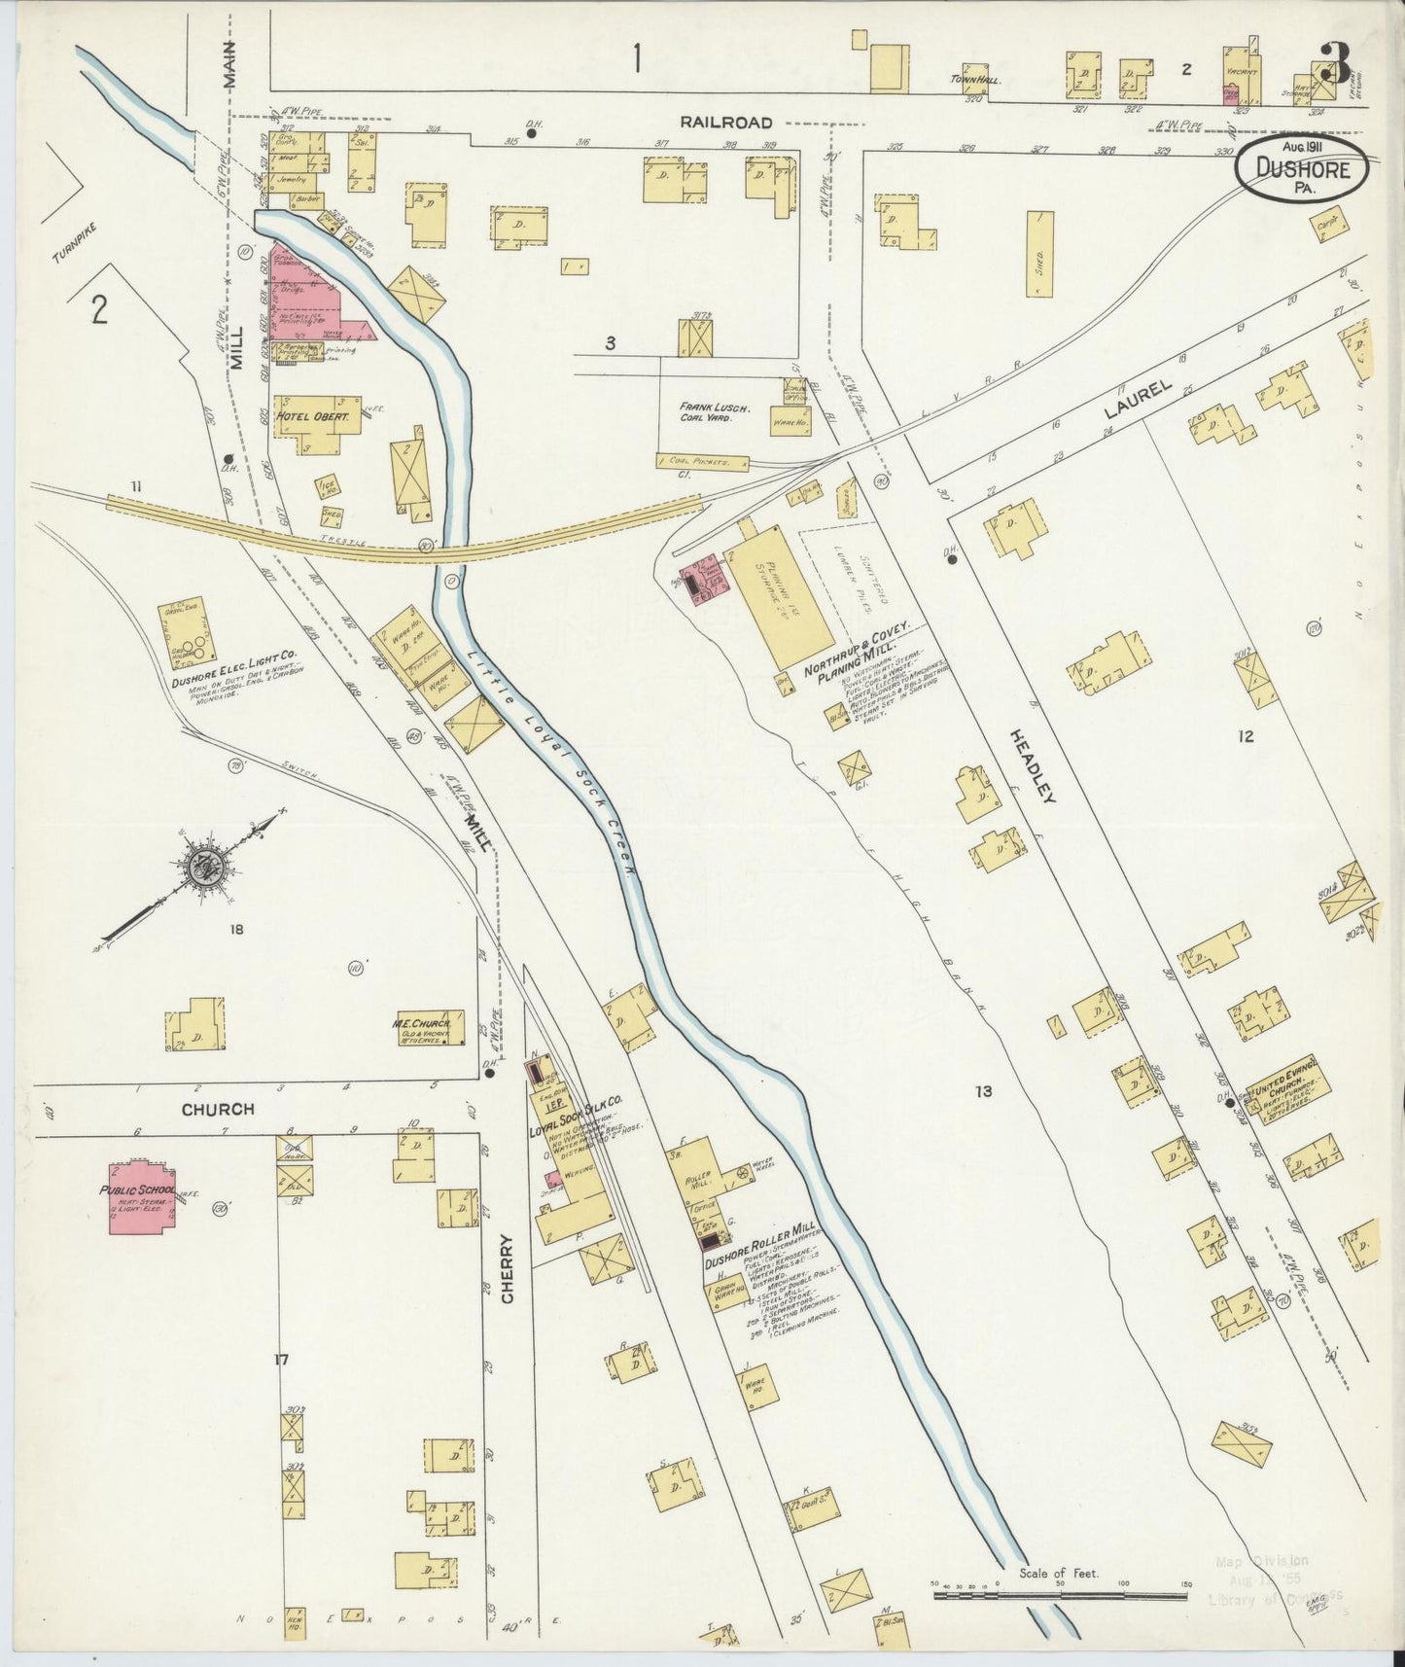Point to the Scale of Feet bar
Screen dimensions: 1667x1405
click(1059, 1596)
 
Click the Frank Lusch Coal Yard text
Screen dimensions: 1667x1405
click(715, 413)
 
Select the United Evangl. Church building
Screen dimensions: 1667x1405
click(1288, 1094)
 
